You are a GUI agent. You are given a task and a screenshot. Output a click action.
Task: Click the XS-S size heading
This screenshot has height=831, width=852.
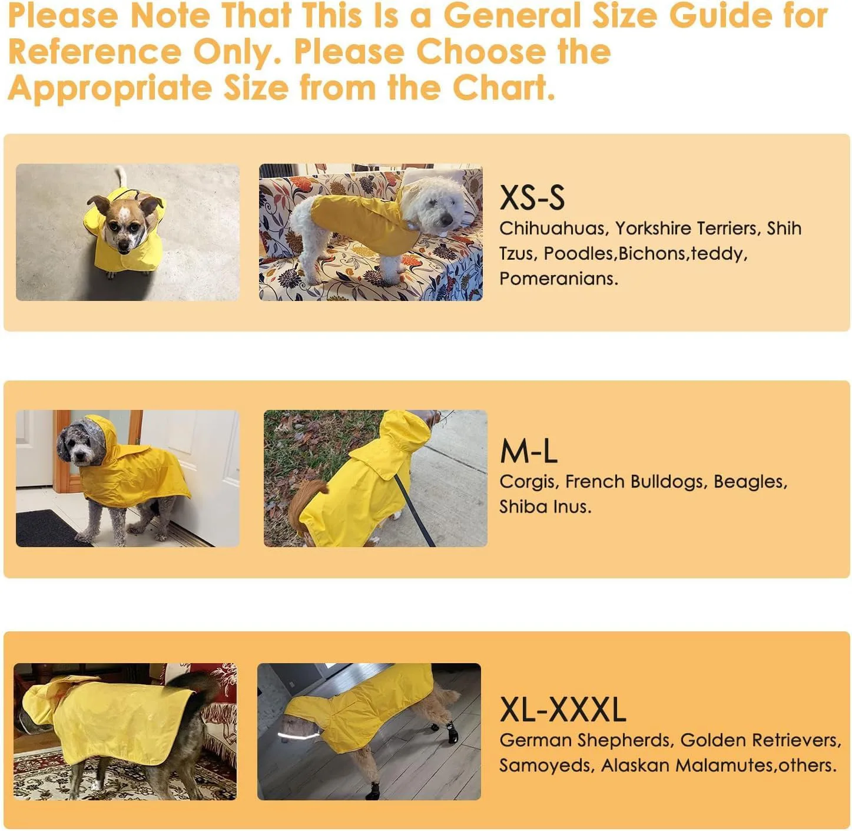[532, 198]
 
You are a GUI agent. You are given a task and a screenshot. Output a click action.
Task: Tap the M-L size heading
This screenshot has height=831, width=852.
[528, 452]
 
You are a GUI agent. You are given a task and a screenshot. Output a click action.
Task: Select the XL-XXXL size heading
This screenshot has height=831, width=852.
[562, 710]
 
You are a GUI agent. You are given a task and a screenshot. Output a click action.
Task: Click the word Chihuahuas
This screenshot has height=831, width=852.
[552, 229]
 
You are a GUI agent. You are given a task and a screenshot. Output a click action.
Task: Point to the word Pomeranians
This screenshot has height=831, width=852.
[558, 279]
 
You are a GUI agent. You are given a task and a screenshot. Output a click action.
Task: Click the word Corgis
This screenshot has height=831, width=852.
[528, 482]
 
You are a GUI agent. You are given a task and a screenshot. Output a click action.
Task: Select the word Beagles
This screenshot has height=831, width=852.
[750, 482]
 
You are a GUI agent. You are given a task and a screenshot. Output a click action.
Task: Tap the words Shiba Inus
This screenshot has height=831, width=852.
[545, 506]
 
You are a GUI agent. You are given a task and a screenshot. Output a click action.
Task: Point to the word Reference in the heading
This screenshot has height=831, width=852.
[94, 52]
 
